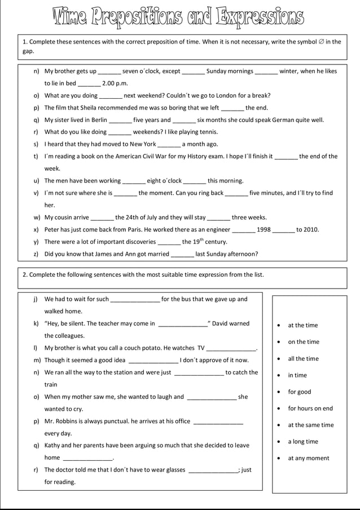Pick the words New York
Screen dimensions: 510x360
[143, 144]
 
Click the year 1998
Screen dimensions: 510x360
[264, 229]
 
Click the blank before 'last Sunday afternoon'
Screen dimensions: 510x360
[182, 254]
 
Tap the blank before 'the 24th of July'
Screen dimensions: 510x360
[102, 217]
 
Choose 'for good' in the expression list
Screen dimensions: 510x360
[299, 392]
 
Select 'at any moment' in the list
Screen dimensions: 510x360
[308, 458]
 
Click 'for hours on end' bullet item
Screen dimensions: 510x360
[310, 408]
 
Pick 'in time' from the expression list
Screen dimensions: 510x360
[297, 375]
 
